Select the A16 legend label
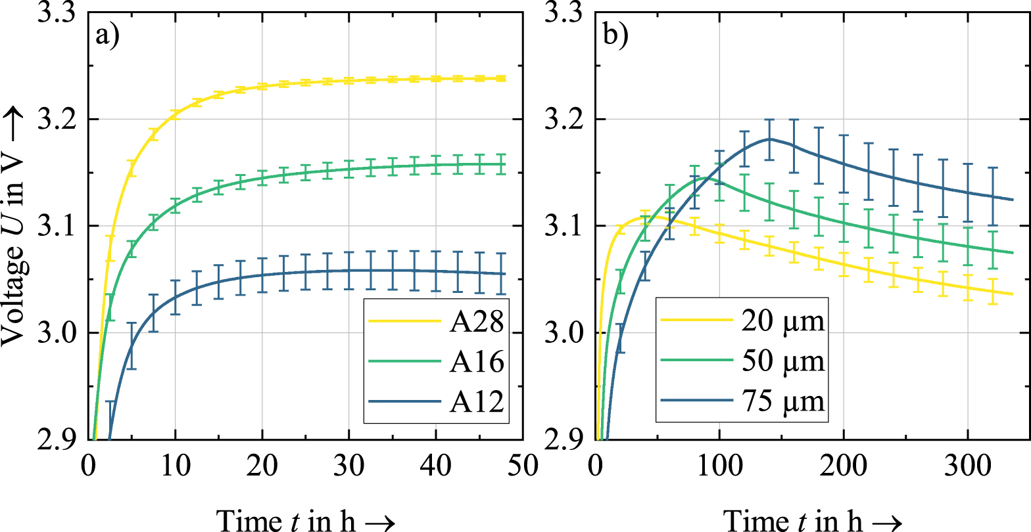(x=477, y=362)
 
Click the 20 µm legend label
(x=781, y=324)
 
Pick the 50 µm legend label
(x=781, y=362)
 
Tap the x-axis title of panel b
(x=811, y=518)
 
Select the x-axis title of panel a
(x=305, y=518)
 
